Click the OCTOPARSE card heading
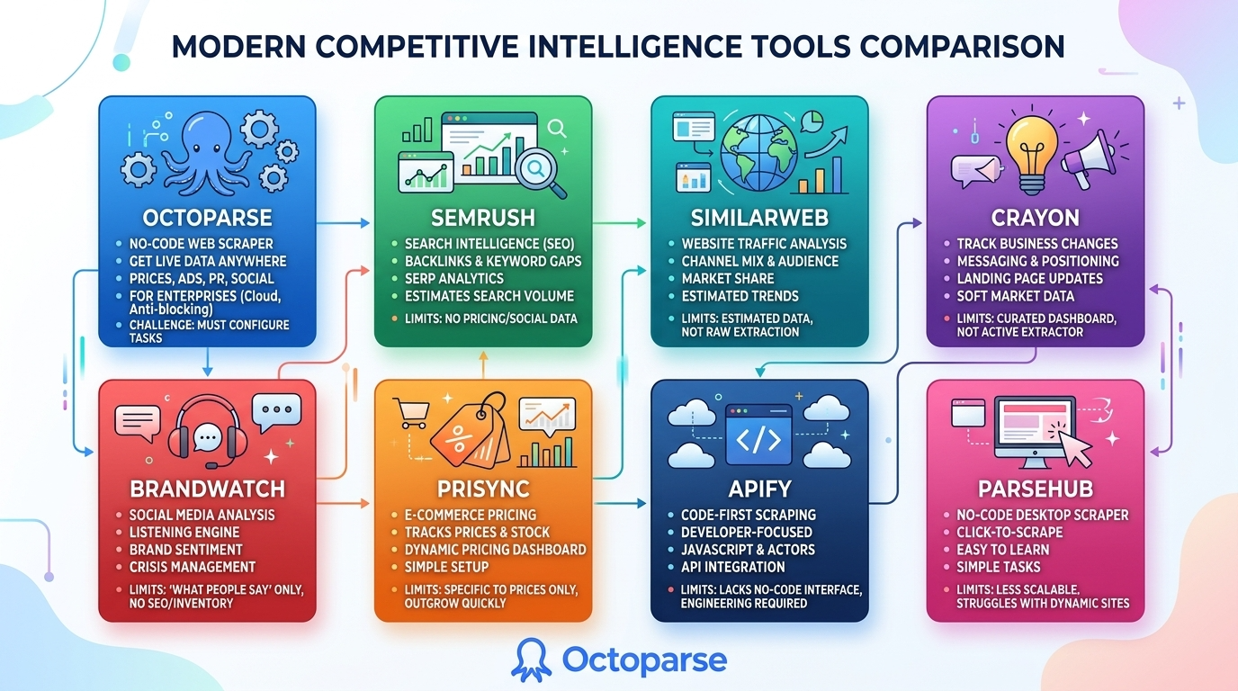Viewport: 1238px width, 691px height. (x=206, y=218)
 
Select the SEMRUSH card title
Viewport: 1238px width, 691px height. (x=483, y=217)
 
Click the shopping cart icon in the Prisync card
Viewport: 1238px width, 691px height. (x=410, y=411)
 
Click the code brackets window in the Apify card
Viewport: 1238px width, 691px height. (x=758, y=435)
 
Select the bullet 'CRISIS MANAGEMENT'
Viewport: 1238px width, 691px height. (x=192, y=567)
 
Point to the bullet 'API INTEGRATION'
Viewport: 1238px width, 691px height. (x=732, y=567)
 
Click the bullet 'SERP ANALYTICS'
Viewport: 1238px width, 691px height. (x=453, y=278)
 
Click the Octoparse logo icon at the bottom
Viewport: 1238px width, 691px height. (x=531, y=660)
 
